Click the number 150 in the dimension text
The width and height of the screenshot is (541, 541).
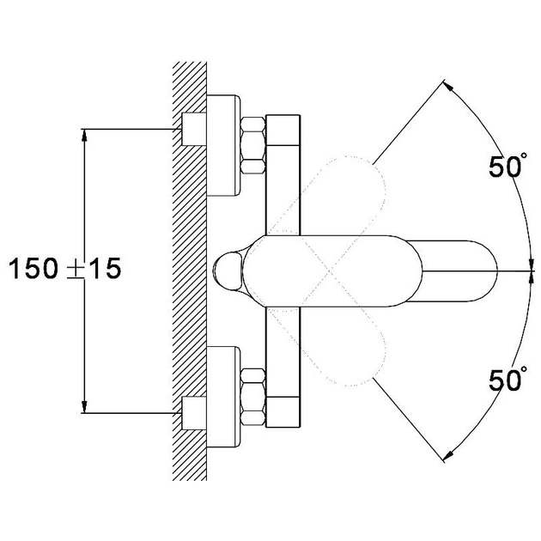pos(33,269)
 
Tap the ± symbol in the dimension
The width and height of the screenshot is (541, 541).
pos(76,269)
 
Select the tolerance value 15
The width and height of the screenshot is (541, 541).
pos(105,269)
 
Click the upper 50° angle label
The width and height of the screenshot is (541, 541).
pos(508,166)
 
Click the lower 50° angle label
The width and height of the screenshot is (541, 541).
pos(508,379)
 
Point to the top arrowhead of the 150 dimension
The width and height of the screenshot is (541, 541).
pos(84,135)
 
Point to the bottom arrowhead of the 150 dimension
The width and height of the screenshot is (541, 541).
pos(84,407)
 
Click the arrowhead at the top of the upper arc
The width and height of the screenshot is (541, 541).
pos(448,85)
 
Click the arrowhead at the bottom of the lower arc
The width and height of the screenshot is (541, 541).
pos(448,456)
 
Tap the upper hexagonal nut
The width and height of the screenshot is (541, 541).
pos(253,145)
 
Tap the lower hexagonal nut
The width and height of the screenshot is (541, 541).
pos(253,397)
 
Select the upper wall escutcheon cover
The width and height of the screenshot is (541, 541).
pos(223,145)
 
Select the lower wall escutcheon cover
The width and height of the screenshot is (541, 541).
pos(223,397)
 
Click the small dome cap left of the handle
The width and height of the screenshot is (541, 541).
pos(228,271)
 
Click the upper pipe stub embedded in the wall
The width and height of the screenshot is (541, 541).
pos(194,129)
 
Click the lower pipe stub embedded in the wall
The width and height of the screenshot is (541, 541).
pos(194,413)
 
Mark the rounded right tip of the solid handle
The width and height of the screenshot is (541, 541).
pos(497,271)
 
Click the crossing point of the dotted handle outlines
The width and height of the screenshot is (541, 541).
pos(330,271)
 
